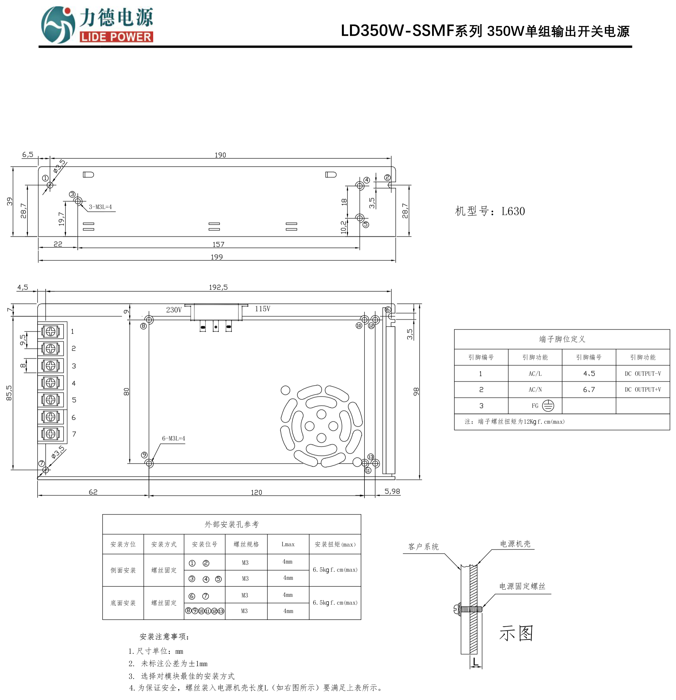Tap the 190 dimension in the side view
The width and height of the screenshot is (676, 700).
[x=220, y=155]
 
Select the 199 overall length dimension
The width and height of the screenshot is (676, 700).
[x=217, y=257]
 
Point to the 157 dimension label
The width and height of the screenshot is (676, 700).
[x=218, y=245]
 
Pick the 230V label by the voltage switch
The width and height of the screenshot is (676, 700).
[x=174, y=310]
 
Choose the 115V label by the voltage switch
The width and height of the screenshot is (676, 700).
[x=262, y=309]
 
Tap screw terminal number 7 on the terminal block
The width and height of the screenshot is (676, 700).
[x=51, y=434]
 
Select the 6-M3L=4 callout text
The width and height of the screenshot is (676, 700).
[x=173, y=439]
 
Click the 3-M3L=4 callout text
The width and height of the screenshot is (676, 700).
[x=100, y=207]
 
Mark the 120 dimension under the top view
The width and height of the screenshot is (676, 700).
[x=256, y=492]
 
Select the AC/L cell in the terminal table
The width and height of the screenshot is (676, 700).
[x=535, y=374]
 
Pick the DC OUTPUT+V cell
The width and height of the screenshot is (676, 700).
[x=642, y=390]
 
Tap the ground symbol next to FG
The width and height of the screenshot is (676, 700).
[x=548, y=406]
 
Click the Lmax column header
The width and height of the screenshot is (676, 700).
[x=288, y=544]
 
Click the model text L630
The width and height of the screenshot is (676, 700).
[x=513, y=211]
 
